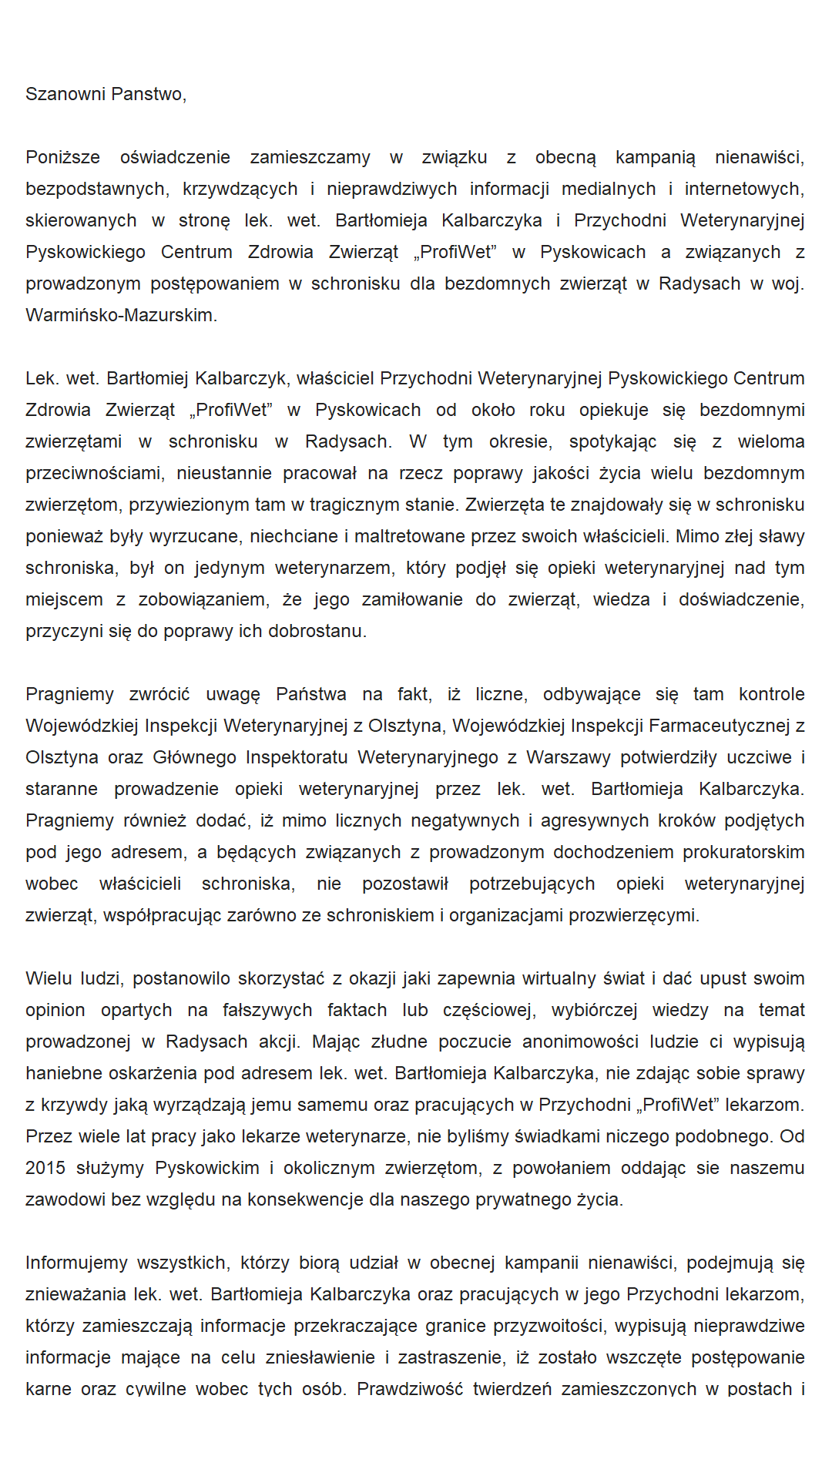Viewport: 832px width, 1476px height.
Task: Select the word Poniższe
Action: [62, 157]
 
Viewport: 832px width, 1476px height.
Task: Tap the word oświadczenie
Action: [175, 157]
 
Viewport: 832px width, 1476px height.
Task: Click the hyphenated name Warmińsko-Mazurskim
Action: [121, 315]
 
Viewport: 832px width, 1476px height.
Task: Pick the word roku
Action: [547, 410]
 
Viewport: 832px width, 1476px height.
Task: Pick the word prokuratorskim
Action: [743, 852]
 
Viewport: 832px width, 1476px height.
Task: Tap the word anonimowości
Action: [580, 1042]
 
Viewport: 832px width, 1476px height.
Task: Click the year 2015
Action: [45, 1168]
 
